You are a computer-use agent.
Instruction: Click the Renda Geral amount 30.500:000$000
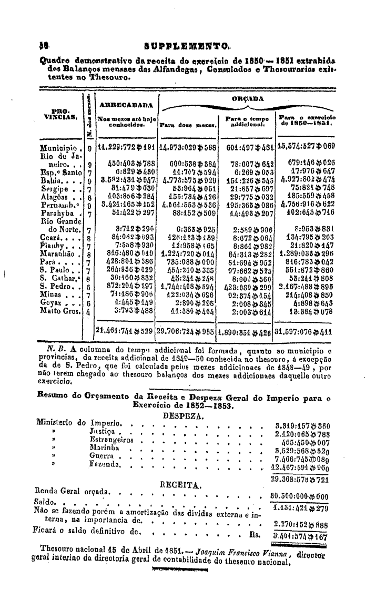click(299, 496)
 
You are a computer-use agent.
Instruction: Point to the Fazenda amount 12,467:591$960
click(299, 466)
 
